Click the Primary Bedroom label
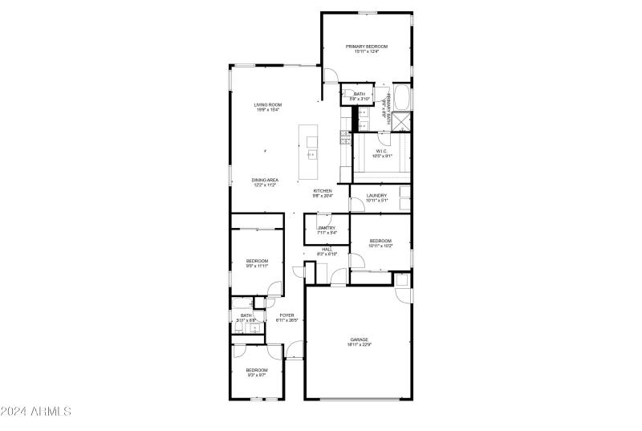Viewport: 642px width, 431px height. [367, 47]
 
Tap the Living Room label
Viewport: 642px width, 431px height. [267, 105]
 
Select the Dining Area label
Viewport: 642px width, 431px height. [265, 180]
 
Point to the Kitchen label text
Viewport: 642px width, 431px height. [322, 191]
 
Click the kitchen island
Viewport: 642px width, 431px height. [311, 152]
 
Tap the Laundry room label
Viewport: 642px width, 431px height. [376, 196]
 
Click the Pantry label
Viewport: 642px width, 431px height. [326, 228]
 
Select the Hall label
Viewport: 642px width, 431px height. [327, 249]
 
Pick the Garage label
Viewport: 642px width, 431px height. [359, 340]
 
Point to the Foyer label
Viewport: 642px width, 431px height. [286, 315]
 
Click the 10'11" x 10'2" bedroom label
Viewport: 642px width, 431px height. [380, 241]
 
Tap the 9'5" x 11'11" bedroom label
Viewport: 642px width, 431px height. [257, 261]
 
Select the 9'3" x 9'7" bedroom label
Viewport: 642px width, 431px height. [257, 370]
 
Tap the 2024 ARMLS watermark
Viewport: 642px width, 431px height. [36, 412]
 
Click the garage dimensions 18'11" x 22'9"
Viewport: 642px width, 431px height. [359, 345]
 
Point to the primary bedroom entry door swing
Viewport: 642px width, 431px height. [331, 75]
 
